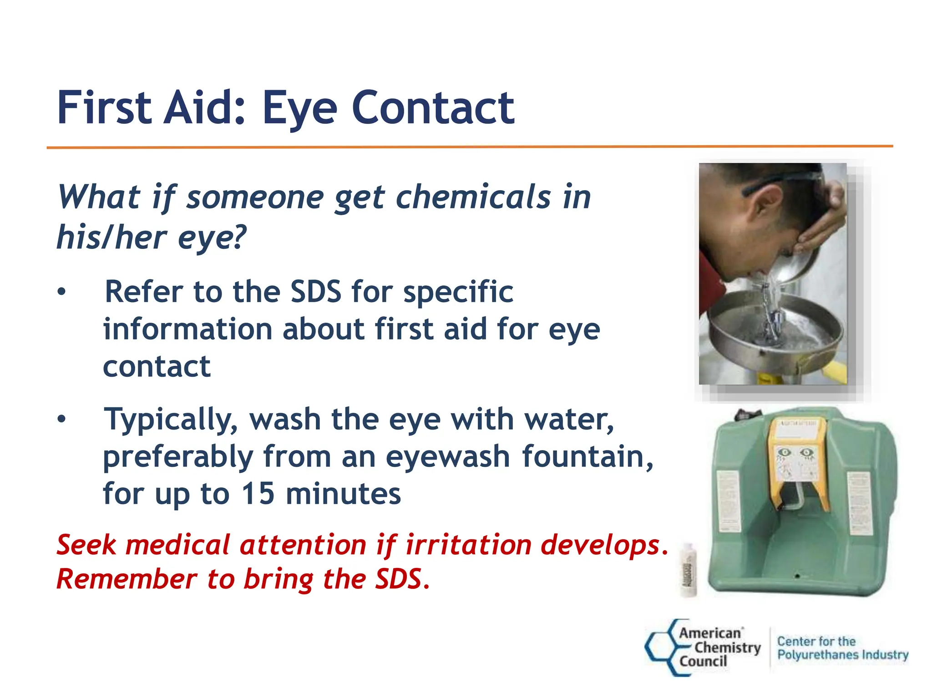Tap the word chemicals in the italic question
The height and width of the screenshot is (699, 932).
pos(473,198)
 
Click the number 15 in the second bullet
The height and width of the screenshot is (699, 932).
pos(258,494)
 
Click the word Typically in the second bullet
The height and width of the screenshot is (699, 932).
pos(171,420)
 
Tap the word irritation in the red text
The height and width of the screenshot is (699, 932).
pos(468,545)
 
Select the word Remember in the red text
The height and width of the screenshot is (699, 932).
pos(127,579)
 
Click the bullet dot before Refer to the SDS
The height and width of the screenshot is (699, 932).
pos(61,292)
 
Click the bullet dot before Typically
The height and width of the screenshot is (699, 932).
pos(61,419)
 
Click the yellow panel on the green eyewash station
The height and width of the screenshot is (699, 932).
pos(794,460)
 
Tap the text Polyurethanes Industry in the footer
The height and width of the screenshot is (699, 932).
pos(842,655)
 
